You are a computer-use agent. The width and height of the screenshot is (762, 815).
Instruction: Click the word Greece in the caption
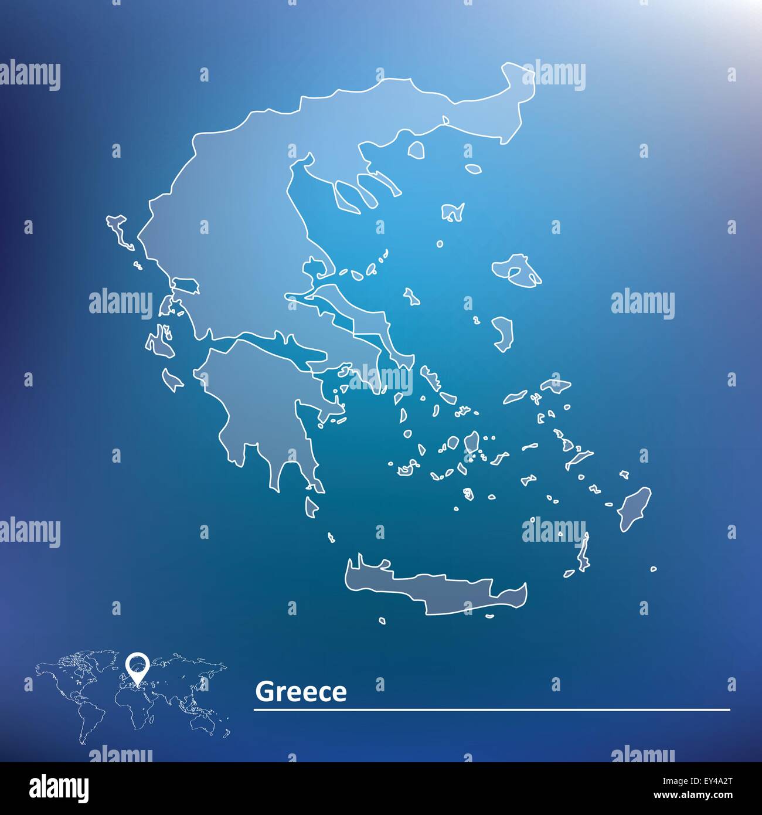click(x=301, y=692)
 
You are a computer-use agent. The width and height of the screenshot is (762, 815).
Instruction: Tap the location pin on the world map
click(x=138, y=665)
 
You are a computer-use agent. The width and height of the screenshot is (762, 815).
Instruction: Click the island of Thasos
click(x=417, y=150)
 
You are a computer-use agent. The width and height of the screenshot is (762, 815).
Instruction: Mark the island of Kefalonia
click(x=157, y=343)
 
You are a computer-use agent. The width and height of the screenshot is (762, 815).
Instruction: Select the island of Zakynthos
click(x=173, y=379)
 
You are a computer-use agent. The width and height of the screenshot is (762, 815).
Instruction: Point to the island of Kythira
click(x=311, y=506)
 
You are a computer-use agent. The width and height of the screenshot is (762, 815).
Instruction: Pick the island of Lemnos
click(x=453, y=212)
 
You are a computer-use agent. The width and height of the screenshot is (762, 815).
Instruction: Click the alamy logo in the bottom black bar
click(x=59, y=787)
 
